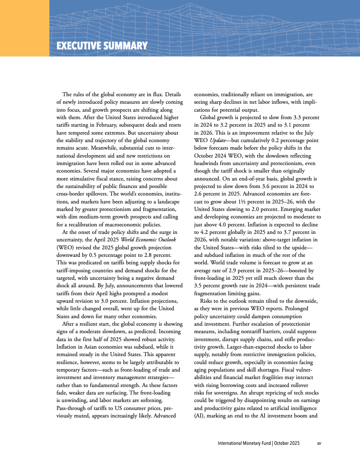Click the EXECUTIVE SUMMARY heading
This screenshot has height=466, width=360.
point(101,46)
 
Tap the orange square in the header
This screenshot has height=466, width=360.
point(24,28)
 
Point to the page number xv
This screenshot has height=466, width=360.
point(319,443)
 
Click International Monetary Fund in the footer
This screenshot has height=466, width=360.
point(244,443)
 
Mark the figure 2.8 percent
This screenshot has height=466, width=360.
point(164,256)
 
